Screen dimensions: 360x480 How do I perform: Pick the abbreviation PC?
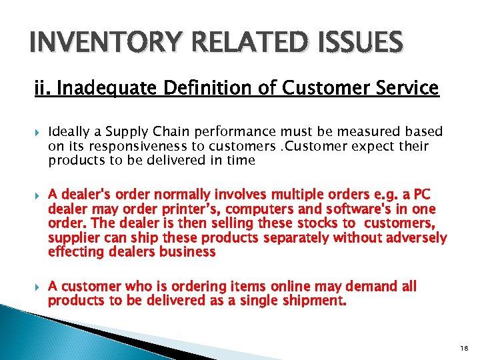coord(423,195)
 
